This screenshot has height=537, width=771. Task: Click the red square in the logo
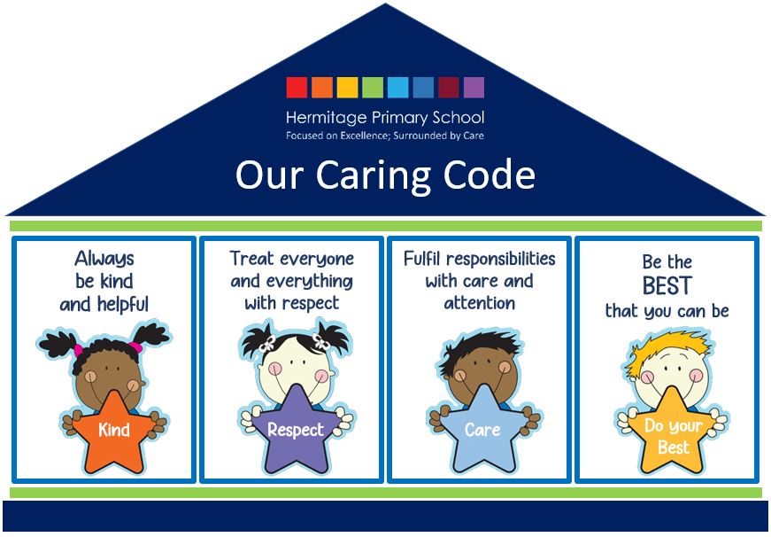[x=297, y=88]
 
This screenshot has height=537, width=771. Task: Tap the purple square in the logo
[x=474, y=88]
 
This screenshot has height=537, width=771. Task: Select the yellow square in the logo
[x=348, y=88]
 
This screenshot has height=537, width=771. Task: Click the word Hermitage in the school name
[x=326, y=118]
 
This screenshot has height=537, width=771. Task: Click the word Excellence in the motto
[x=365, y=136]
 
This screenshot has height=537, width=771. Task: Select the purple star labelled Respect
[x=296, y=429]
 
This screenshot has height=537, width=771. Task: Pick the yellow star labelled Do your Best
[x=673, y=432]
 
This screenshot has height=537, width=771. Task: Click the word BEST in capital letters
[x=667, y=285]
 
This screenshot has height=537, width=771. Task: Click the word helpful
[x=123, y=305]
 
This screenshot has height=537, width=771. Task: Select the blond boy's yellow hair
[x=668, y=348]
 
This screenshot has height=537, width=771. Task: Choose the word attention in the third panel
[x=480, y=303]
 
